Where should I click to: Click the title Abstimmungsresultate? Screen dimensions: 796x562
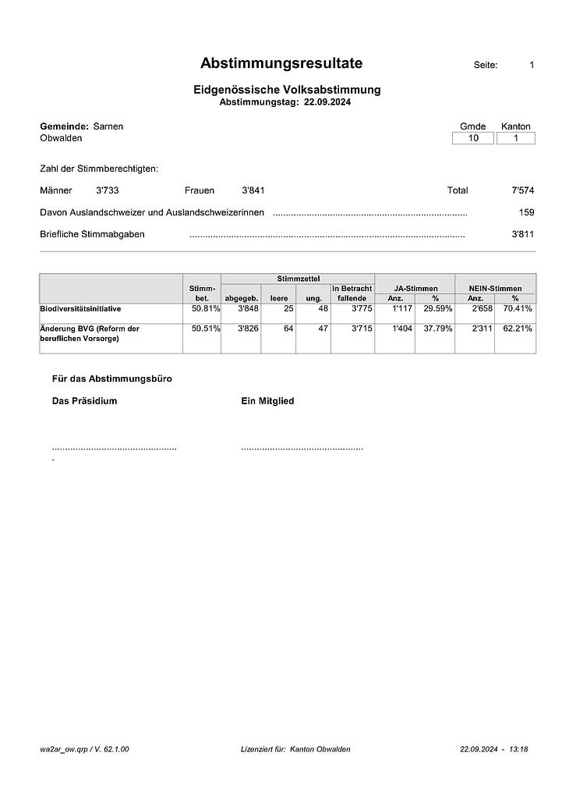point(281,64)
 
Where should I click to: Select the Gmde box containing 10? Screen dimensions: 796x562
point(473,138)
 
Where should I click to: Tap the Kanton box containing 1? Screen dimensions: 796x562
point(515,138)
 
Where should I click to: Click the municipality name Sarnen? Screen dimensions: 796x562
point(108,126)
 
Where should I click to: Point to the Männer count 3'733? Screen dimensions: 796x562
point(108,190)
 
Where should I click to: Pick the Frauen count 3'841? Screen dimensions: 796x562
point(253,190)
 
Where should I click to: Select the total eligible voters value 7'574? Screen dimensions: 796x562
point(521,190)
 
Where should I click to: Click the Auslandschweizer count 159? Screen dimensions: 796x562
point(526,212)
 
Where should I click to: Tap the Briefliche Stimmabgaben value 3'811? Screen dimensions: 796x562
point(522,234)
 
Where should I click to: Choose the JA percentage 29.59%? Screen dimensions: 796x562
point(437,309)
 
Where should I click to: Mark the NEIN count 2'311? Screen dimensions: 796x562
point(477,329)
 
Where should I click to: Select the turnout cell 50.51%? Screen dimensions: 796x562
point(206,329)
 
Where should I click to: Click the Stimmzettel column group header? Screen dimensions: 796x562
point(298,279)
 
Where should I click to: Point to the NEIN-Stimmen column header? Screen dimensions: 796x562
point(496,289)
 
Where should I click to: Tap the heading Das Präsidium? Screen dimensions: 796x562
point(84,401)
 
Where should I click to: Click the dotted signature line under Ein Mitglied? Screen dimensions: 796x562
point(302,449)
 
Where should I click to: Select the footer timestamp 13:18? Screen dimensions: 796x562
point(518,749)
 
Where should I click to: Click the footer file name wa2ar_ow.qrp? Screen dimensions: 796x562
point(63,749)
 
